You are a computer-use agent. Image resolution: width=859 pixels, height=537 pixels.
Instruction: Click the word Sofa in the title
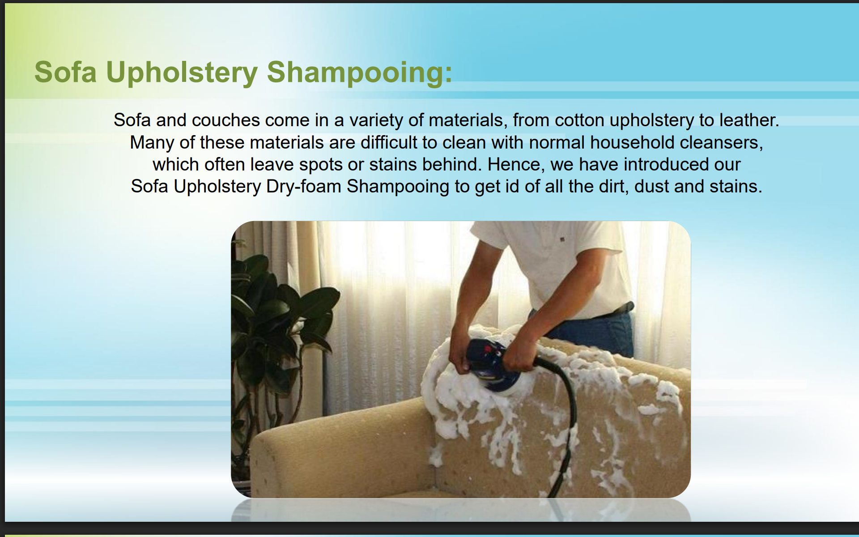point(65,72)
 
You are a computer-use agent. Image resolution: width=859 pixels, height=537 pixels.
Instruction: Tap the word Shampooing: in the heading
point(360,73)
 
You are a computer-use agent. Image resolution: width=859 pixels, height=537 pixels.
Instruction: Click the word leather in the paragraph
point(749,120)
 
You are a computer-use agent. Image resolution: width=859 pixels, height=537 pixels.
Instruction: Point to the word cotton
point(579,120)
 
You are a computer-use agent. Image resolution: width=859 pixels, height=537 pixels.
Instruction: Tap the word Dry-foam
point(304,187)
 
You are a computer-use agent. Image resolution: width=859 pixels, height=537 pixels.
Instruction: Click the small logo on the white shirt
point(562,240)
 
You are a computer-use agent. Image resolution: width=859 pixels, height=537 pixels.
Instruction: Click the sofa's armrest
point(340,430)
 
